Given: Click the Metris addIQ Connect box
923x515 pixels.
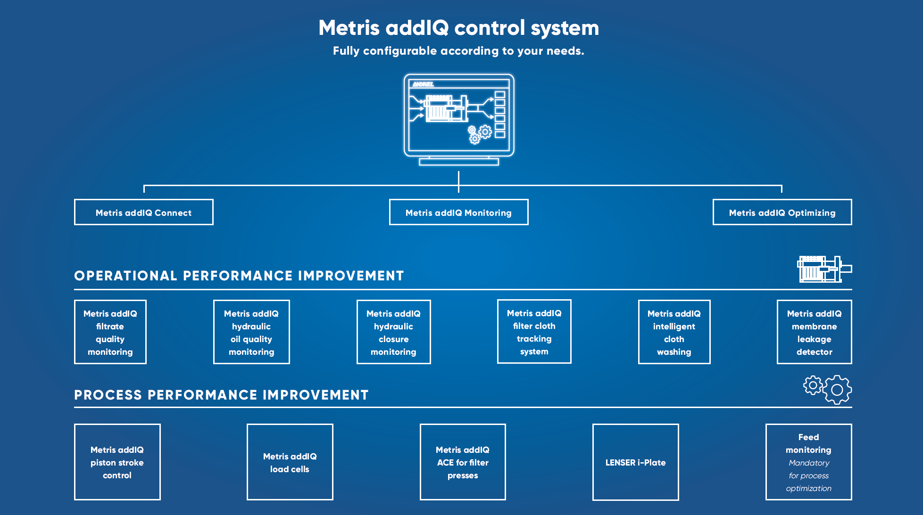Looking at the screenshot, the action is [x=144, y=212].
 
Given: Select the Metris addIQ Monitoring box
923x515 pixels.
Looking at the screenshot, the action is [x=458, y=212].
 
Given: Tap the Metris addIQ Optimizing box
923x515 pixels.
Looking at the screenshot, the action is [x=782, y=212].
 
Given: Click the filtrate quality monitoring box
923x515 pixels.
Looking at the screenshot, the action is [x=110, y=332].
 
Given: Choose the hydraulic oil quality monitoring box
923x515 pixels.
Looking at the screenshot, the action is [x=251, y=332].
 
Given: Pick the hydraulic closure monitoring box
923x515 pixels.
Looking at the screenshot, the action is [x=393, y=332].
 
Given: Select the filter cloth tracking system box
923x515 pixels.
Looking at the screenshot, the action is [x=534, y=331].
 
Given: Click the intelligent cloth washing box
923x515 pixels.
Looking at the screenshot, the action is [x=674, y=332].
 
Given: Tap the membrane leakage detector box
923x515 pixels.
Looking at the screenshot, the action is [x=815, y=332].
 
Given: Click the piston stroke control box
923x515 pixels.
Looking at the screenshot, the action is [x=117, y=462].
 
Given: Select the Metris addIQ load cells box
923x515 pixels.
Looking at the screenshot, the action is [x=290, y=462].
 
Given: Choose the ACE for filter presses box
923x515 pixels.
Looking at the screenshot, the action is [x=463, y=462].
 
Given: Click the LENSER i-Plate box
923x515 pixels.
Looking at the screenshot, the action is [x=636, y=462].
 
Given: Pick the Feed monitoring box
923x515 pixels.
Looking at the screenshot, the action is [x=809, y=462].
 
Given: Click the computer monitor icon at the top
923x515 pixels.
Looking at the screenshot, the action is [x=459, y=120].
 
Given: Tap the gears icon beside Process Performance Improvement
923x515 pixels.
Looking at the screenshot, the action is [x=828, y=390].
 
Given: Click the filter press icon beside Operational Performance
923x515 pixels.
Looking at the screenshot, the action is [x=824, y=269].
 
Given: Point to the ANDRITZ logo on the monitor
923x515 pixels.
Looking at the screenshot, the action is [x=423, y=84].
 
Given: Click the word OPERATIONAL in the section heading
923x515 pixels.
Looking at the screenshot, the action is [x=125, y=276].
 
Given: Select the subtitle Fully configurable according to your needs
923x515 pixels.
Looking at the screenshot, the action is [x=458, y=51].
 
